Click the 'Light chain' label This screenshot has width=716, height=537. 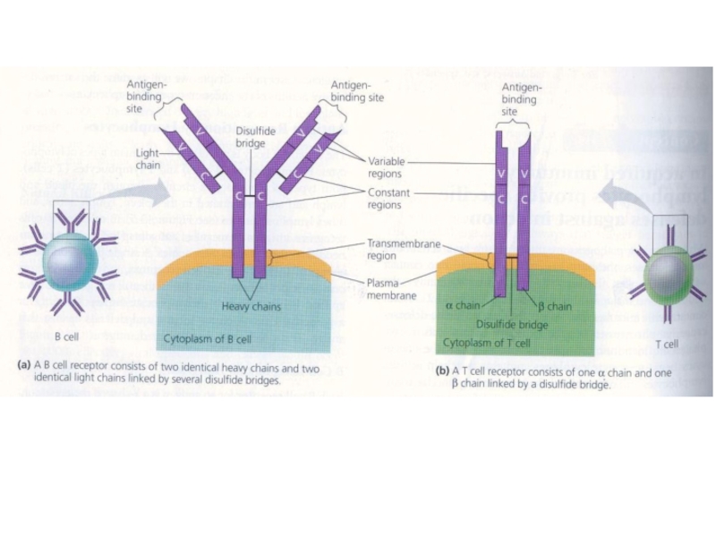tap(148, 158)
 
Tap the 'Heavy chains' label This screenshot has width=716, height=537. tap(251, 306)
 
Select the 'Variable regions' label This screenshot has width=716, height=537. tap(387, 167)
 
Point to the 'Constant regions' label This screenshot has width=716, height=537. tap(388, 199)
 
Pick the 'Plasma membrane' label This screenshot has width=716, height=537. tap(392, 289)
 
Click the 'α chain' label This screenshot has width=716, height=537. tap(462, 306)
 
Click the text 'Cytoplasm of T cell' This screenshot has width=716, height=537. tap(487, 343)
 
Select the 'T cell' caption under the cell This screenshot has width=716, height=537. tap(666, 344)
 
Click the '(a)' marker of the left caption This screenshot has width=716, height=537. tap(25, 367)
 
